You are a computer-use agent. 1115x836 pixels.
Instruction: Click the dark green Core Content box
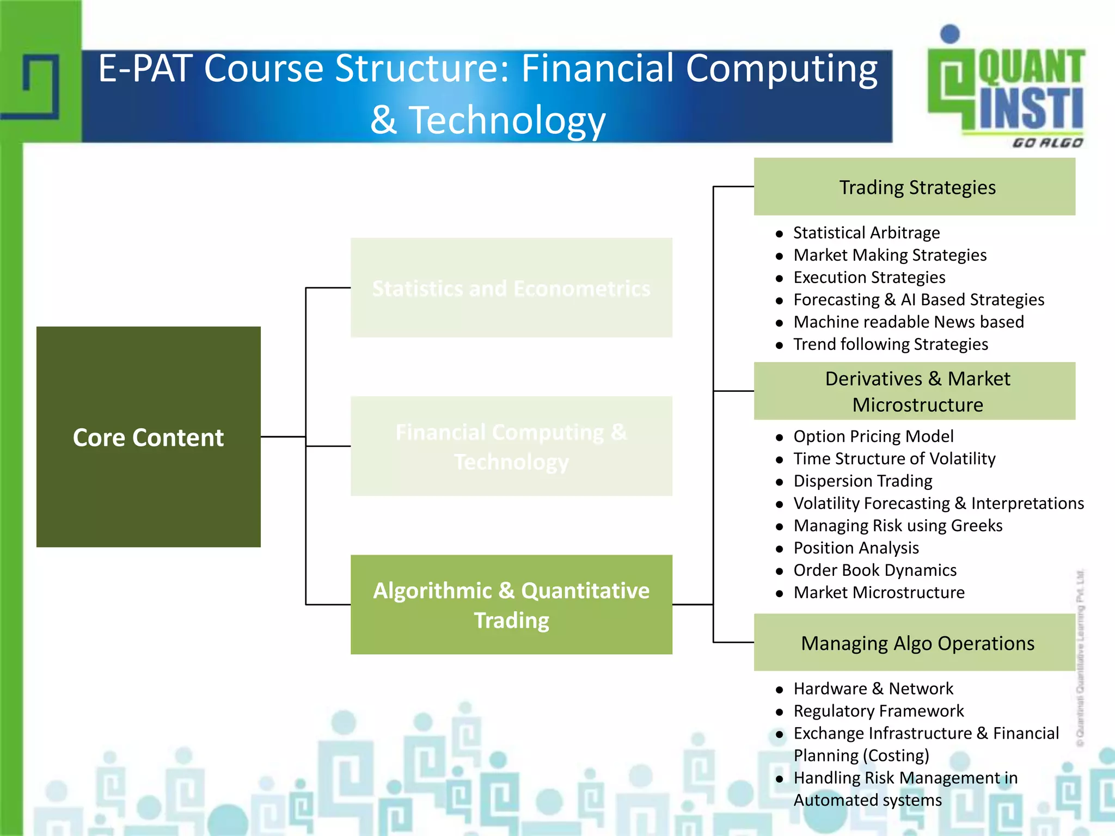coord(148,437)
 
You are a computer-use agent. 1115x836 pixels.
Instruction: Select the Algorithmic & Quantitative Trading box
coord(511,604)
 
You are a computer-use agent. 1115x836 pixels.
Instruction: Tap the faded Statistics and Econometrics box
coord(511,287)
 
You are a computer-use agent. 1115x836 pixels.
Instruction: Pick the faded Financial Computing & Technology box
coord(511,446)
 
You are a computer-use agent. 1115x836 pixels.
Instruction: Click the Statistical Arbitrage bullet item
coord(866,232)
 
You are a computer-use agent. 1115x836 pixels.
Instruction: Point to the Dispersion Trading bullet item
coord(862,481)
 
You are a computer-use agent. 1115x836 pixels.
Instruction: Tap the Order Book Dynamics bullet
coord(874,570)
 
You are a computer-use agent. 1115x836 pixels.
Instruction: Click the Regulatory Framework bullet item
coord(878,711)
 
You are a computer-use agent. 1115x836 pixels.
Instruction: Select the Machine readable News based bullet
coord(908,322)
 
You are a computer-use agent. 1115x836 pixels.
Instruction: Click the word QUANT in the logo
coord(1031,67)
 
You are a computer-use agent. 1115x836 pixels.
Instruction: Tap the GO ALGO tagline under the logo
coord(1047,143)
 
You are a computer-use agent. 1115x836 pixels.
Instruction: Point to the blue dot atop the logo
coord(950,34)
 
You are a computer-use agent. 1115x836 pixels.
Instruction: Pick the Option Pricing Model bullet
coord(873,436)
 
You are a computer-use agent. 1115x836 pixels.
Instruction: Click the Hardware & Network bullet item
coord(873,689)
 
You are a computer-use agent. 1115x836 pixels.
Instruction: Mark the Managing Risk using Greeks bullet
coord(897,525)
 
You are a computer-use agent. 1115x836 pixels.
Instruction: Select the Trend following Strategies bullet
coord(890,344)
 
